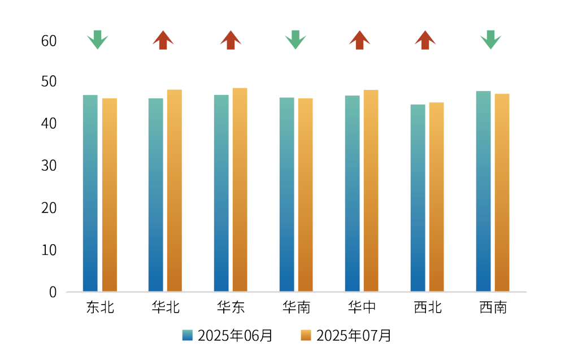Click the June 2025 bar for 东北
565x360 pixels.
[x=90, y=192]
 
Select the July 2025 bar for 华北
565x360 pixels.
[x=175, y=190]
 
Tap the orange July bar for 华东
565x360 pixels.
[x=240, y=189]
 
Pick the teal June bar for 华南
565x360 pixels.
[x=286, y=194]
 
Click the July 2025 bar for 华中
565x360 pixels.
[x=371, y=190]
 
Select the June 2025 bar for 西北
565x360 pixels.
[x=418, y=197]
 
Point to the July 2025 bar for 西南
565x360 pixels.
[x=502, y=192]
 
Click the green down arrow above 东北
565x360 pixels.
[x=97, y=40]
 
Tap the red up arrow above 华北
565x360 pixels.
[x=163, y=40]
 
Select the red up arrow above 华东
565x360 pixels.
[x=231, y=40]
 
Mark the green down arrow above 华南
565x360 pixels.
[x=295, y=40]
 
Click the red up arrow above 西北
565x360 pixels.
[x=425, y=40]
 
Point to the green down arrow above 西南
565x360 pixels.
[x=490, y=40]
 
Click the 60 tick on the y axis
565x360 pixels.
[x=49, y=41]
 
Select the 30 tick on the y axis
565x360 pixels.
[x=49, y=166]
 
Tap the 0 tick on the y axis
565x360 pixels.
[x=53, y=292]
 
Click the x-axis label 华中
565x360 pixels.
[x=362, y=307]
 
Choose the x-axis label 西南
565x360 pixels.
[x=493, y=307]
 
